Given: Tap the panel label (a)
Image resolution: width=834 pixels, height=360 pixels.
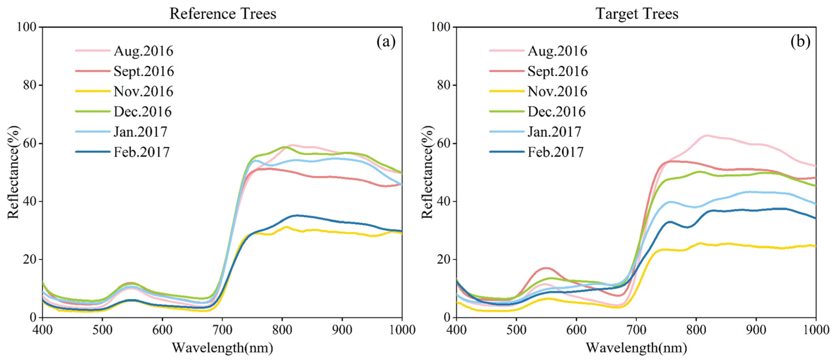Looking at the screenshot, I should click(x=386, y=42).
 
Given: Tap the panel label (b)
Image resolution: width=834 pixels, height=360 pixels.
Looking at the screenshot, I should click(x=800, y=42).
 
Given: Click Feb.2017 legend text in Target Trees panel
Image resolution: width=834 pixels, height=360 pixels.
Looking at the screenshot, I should click(x=556, y=152).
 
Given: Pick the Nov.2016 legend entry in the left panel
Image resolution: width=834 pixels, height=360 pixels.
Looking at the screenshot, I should click(x=143, y=92).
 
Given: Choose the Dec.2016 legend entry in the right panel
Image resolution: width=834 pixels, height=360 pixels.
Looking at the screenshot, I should click(x=556, y=112).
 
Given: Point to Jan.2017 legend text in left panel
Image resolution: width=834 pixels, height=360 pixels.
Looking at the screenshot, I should click(x=140, y=132).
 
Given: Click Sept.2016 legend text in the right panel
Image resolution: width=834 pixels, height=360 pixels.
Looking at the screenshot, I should click(x=557, y=71).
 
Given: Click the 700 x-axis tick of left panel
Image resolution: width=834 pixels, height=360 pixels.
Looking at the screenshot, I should click(x=222, y=330).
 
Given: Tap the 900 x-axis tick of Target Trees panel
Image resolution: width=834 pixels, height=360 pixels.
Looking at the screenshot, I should click(x=756, y=330).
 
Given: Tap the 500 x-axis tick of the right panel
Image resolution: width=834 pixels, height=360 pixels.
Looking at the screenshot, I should click(x=516, y=330).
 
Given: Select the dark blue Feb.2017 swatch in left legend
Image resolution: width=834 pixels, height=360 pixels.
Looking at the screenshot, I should click(x=93, y=152).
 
